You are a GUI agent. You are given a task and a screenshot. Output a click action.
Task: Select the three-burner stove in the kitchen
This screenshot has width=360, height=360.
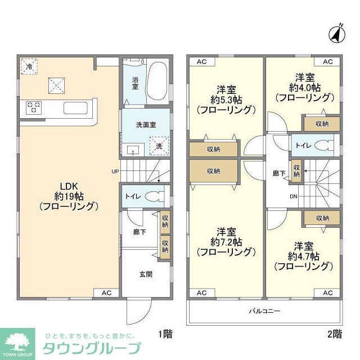tap(33, 107)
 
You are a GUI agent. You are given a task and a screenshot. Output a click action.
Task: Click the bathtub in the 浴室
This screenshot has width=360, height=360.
tap(158, 82)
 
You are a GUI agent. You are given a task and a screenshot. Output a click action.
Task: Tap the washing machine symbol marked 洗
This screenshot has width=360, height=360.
tap(159, 145)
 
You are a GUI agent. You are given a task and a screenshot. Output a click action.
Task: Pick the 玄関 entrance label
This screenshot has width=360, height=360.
tap(146, 274)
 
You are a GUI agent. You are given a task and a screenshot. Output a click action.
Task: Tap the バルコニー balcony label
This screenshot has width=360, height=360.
tap(265, 310)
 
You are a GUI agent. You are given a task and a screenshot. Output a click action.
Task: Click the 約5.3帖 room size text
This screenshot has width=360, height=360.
tap(226, 100)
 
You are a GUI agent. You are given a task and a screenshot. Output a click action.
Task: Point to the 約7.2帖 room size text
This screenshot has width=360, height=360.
tap(226, 242)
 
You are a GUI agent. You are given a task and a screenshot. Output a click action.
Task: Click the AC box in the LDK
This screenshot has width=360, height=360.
tap(107, 292)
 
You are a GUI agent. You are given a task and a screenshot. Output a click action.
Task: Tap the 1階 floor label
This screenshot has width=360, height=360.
tap(165, 334)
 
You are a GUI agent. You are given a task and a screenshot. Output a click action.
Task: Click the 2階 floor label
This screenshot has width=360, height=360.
tap(334, 334)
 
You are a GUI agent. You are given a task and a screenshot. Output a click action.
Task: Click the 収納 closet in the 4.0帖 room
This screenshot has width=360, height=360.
tap(322, 124)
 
